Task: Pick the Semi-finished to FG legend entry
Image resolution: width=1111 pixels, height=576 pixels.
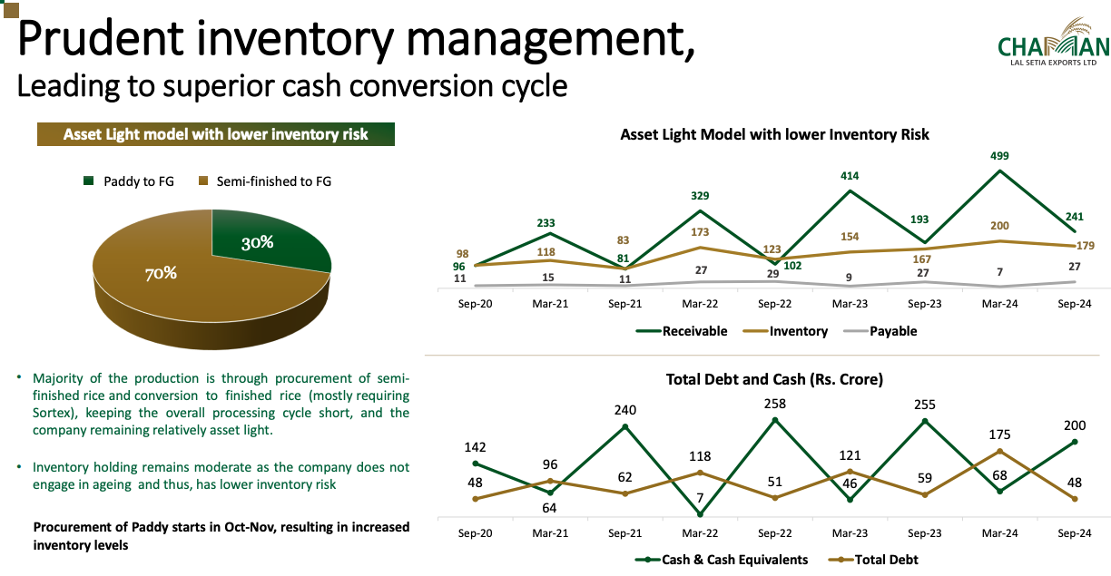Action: (x=265, y=181)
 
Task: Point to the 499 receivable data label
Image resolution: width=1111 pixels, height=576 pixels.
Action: (x=999, y=156)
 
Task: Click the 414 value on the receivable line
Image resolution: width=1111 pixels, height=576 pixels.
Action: (x=850, y=176)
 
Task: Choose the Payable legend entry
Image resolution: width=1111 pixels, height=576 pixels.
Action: (x=893, y=331)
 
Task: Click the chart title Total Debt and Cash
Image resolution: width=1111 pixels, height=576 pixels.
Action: (x=774, y=379)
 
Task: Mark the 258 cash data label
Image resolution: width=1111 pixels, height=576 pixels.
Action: (x=774, y=404)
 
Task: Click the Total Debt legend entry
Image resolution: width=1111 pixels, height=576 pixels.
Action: (x=886, y=560)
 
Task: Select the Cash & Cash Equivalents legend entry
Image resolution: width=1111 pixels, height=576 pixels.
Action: (x=732, y=560)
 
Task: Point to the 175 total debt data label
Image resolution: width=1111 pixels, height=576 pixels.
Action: (x=999, y=435)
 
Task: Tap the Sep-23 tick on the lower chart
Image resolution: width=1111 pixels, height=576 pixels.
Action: (x=925, y=533)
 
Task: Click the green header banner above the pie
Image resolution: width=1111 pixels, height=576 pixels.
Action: (x=216, y=135)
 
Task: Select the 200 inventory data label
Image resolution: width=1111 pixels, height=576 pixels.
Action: (x=999, y=226)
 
